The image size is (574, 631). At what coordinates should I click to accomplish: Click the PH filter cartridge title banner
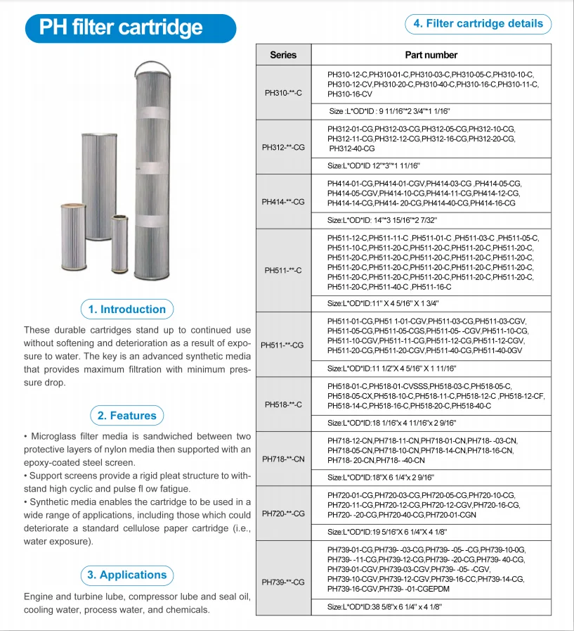tap(121, 27)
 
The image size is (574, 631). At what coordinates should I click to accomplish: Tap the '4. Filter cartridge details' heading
tap(478, 24)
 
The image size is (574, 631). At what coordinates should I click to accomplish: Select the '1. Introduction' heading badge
tap(126, 310)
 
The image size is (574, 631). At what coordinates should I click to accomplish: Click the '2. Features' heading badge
tap(127, 416)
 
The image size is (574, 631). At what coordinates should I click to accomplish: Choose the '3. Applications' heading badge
tap(127, 575)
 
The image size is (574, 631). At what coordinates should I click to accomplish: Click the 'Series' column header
tap(283, 55)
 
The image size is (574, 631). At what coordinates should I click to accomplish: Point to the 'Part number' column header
tap(431, 55)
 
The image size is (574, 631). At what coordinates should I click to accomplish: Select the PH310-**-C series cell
tap(283, 93)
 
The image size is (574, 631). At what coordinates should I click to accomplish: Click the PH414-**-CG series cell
tap(283, 202)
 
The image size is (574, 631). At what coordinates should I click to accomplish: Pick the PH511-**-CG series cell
tap(283, 345)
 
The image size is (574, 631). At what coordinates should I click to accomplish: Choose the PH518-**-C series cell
tap(283, 404)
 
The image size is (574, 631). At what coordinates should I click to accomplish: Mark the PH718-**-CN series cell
tap(283, 459)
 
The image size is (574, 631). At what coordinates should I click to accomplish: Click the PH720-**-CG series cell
tap(283, 514)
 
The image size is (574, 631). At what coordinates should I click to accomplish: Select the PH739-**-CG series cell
tap(283, 582)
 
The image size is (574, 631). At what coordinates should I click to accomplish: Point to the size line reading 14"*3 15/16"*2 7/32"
tap(383, 220)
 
